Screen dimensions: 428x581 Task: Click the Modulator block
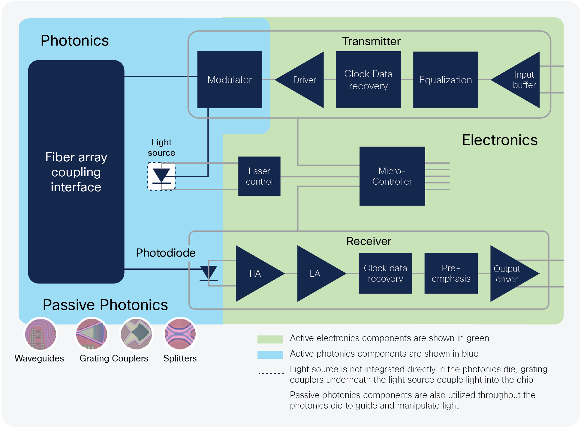point(230,79)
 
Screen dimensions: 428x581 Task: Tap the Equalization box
point(445,80)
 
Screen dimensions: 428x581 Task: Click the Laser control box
point(259,176)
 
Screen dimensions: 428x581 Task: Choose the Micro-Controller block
point(392,176)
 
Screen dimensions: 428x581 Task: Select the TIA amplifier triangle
point(255,273)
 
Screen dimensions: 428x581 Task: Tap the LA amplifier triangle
point(316,273)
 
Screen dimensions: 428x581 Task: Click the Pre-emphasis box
point(451,273)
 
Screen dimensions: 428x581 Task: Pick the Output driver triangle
point(509,273)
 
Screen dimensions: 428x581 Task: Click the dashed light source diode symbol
point(161,176)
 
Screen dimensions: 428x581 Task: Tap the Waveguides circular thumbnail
point(41,334)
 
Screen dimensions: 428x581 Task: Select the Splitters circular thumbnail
point(180,334)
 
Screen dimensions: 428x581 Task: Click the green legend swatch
point(270,339)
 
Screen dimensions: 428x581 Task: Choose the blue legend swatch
point(270,355)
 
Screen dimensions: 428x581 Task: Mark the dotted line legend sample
point(271,373)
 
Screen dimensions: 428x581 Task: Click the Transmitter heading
point(371,41)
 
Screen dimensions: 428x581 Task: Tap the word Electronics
point(500,140)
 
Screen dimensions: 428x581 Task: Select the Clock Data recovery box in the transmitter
point(368,80)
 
